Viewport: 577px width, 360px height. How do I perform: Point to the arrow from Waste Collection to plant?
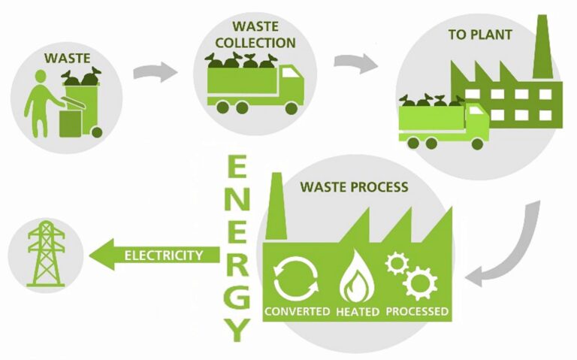pos(356,63)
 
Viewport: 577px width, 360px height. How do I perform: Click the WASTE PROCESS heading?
pos(353,186)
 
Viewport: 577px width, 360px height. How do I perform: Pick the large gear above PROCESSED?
pos(418,284)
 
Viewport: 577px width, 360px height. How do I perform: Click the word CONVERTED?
pos(297,311)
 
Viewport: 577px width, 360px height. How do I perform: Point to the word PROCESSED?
pos(418,311)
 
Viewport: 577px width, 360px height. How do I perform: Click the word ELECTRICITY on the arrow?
pos(163,256)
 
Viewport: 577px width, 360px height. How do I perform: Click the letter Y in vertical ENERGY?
pos(239,328)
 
